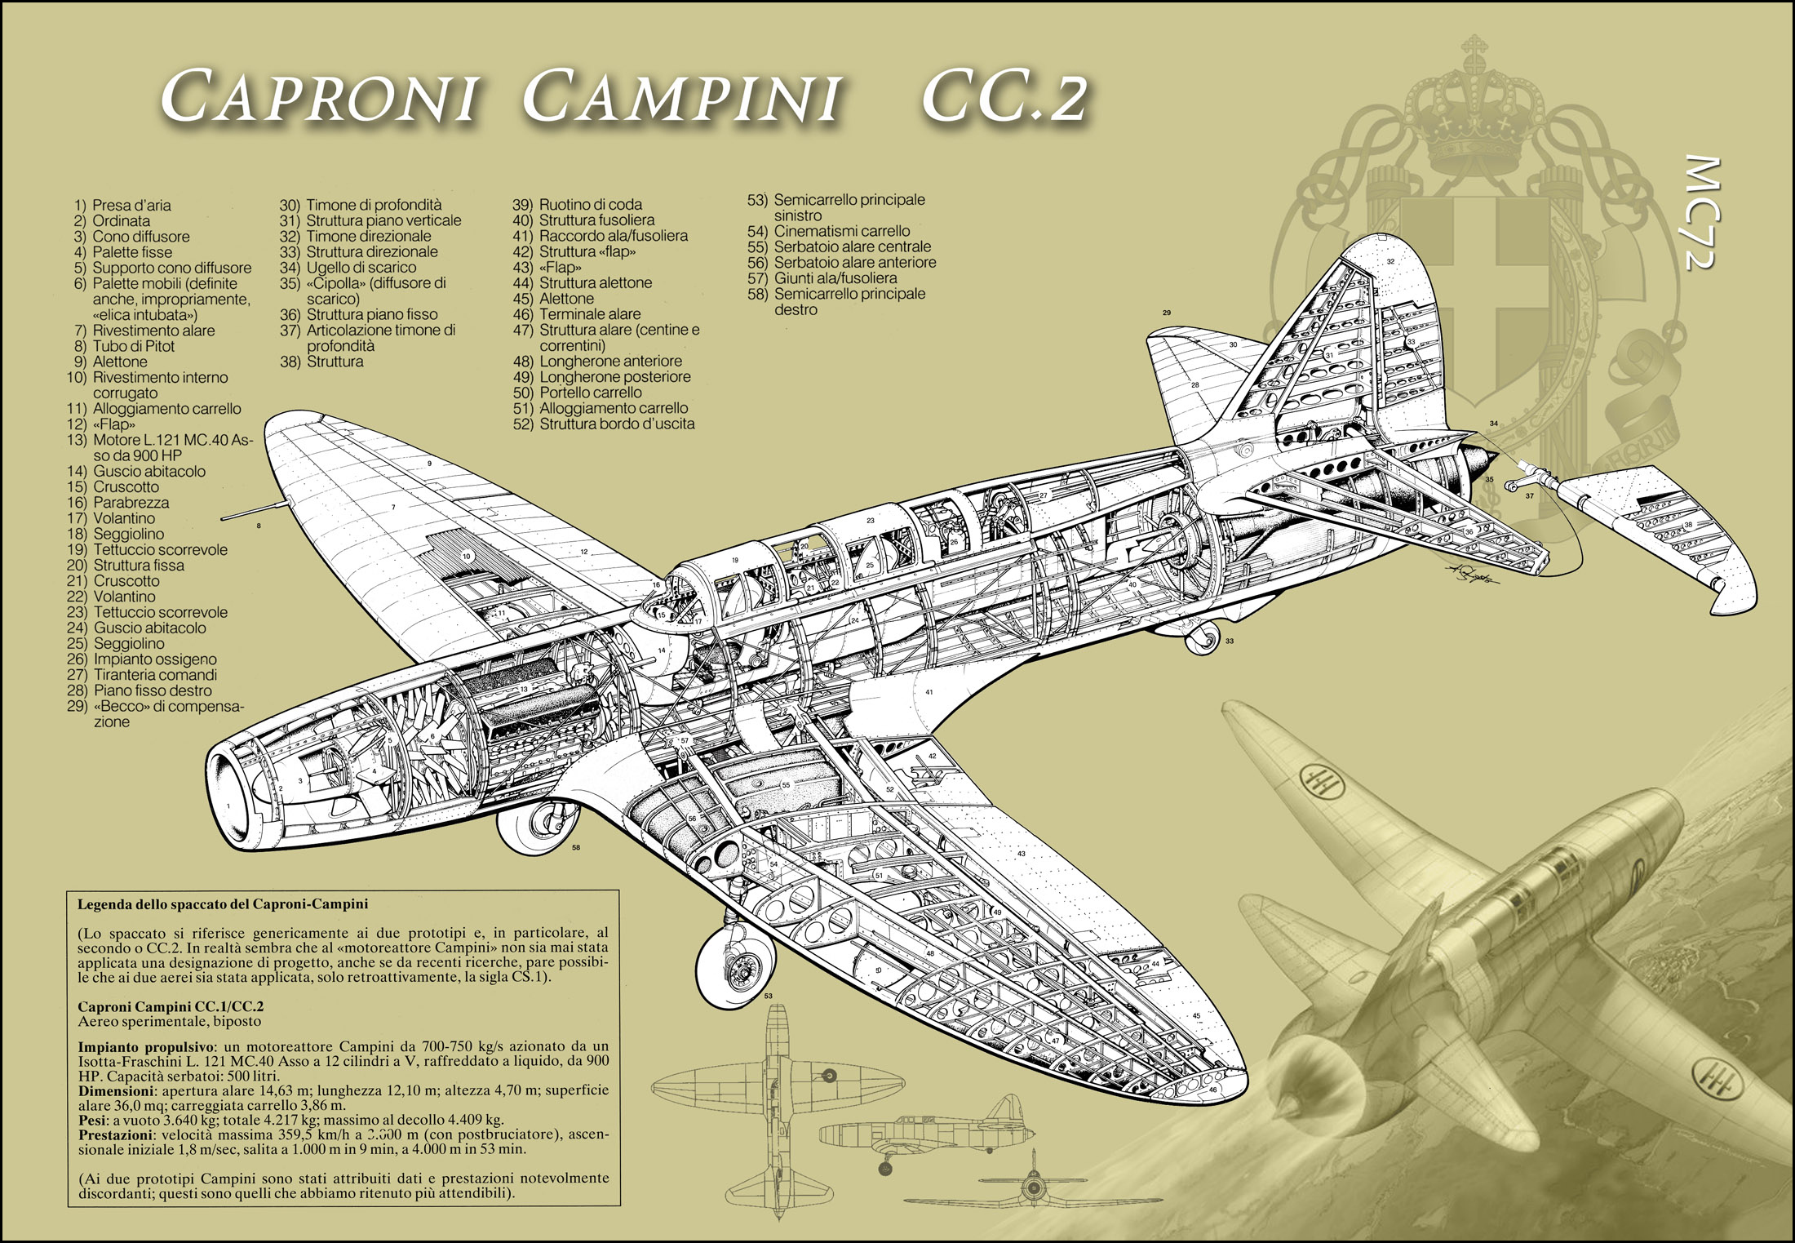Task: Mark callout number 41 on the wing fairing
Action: pyautogui.click(x=929, y=692)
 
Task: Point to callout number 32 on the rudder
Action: pyautogui.click(x=1390, y=262)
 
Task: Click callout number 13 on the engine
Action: pyautogui.click(x=524, y=689)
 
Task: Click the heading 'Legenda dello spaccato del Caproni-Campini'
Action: pyautogui.click(x=223, y=904)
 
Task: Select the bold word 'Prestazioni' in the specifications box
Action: pyautogui.click(x=114, y=1135)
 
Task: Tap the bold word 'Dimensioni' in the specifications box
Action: pyautogui.click(x=115, y=1090)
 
